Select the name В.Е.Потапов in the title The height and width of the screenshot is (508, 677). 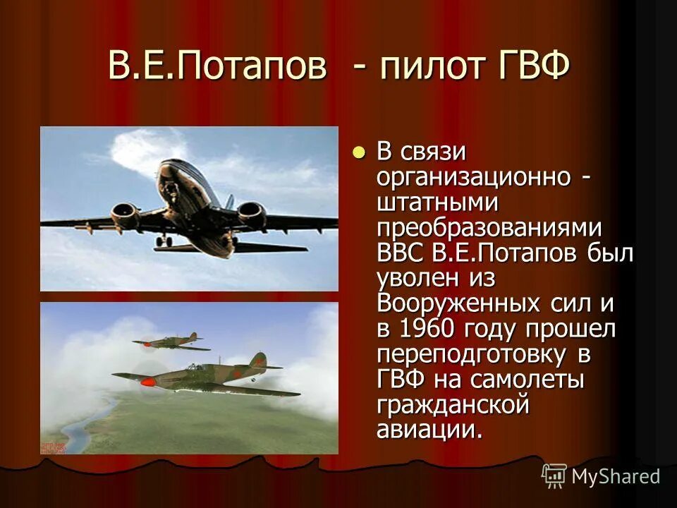tap(218, 68)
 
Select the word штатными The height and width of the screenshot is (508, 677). tap(438, 202)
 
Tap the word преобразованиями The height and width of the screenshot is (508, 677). tap(489, 228)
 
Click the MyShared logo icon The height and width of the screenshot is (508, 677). tap(554, 476)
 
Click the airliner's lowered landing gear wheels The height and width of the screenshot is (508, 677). tap(164, 241)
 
